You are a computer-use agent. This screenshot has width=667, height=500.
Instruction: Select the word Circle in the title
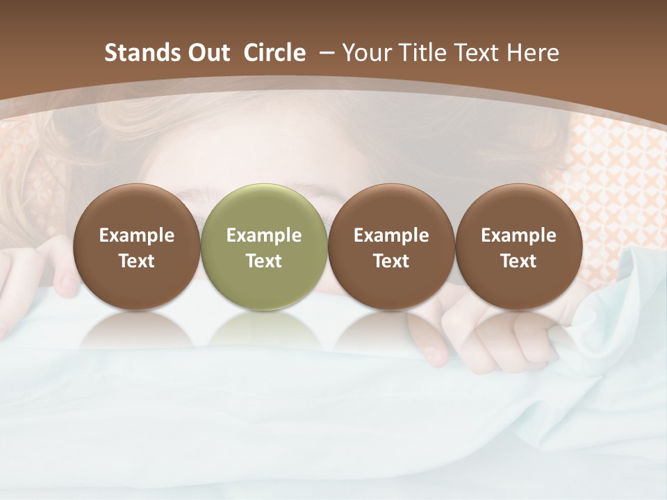[274, 53]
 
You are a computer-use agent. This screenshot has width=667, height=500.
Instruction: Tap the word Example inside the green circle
[264, 235]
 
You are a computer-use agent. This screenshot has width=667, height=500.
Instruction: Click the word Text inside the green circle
[264, 261]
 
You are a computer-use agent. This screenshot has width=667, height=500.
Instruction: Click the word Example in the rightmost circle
[518, 235]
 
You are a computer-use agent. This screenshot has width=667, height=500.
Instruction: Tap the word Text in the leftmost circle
[136, 261]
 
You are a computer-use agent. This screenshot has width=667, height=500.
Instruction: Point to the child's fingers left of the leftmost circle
[59, 274]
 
